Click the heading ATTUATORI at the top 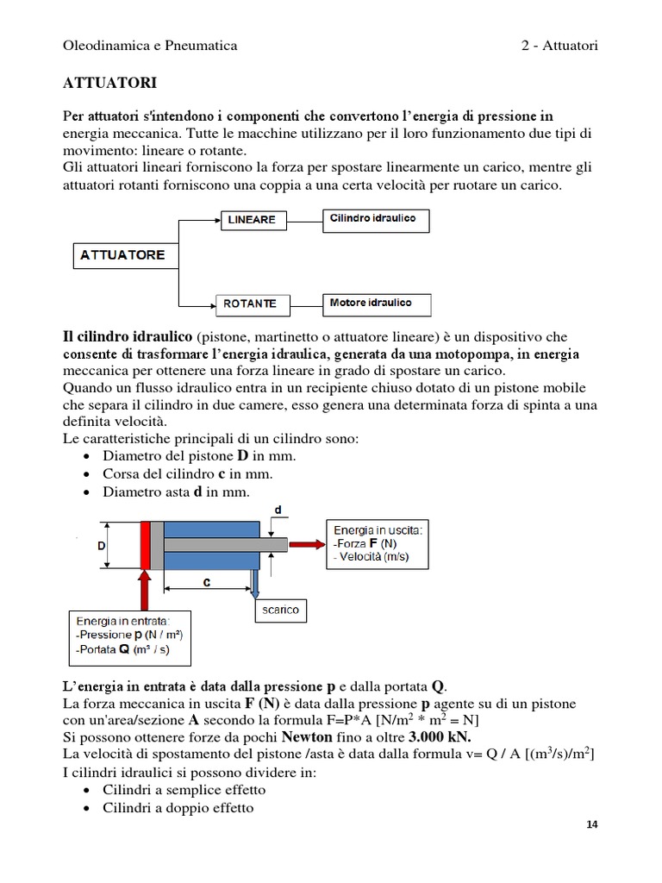(110, 83)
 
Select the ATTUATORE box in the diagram (122, 256)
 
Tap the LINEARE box (252, 220)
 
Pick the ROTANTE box (251, 304)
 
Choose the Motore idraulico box (377, 304)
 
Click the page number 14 (591, 824)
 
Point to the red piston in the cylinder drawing (144, 545)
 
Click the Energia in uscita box (376, 543)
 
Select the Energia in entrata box (130, 635)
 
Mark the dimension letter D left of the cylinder (101, 545)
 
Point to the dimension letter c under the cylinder (207, 582)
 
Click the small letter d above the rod (278, 510)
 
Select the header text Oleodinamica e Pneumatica (150, 45)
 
